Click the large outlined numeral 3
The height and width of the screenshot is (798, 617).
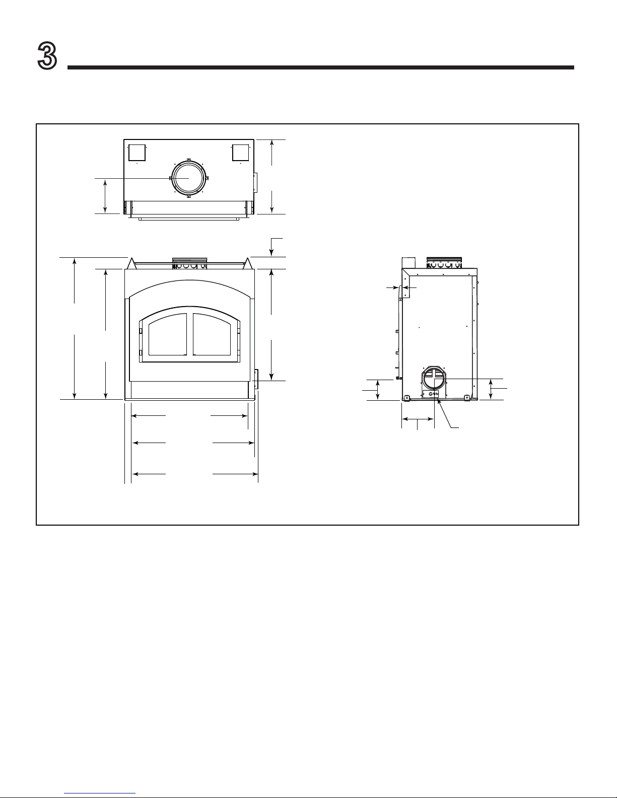point(47,55)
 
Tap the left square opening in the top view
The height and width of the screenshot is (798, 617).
point(137,153)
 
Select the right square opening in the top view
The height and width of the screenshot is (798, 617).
point(241,153)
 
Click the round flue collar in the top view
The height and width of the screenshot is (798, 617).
point(188,178)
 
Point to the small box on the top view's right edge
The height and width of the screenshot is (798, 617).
point(255,183)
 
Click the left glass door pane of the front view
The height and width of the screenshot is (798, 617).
point(167,334)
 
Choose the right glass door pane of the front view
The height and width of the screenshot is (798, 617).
point(212,334)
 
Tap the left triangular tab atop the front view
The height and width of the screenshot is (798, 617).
point(131,263)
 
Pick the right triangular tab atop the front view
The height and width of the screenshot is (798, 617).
point(248,263)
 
